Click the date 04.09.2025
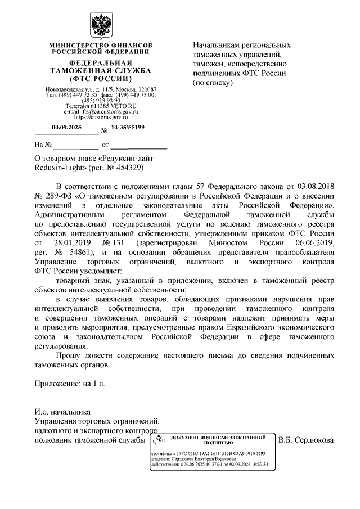pyautogui.click(x=67, y=128)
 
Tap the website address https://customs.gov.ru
pyautogui.click(x=101, y=118)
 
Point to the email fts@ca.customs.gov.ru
pyautogui.click(x=101, y=112)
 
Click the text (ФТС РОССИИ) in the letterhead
pyautogui.click(x=101, y=78)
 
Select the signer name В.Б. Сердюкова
pyautogui.click(x=307, y=439)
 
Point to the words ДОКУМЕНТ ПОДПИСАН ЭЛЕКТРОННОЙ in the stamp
pyautogui.click(x=218, y=436)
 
